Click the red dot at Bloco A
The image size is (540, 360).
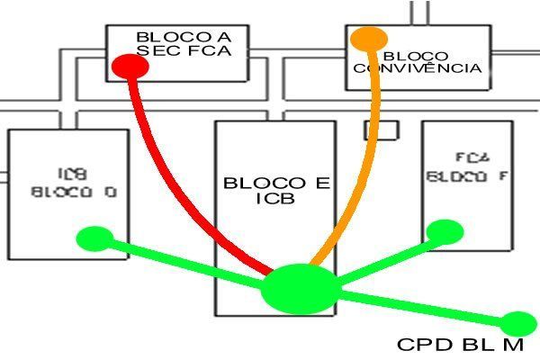tap(130, 66)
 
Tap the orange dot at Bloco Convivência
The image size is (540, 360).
tap(368, 39)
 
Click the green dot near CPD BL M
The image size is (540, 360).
tap(517, 324)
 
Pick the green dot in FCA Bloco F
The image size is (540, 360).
tap(444, 231)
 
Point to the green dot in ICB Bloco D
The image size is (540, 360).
tap(94, 238)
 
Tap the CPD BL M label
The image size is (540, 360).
tap(464, 345)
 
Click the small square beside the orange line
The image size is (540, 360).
tap(381, 130)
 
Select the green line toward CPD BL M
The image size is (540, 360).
tap(423, 309)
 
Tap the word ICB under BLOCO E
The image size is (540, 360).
tap(275, 199)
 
